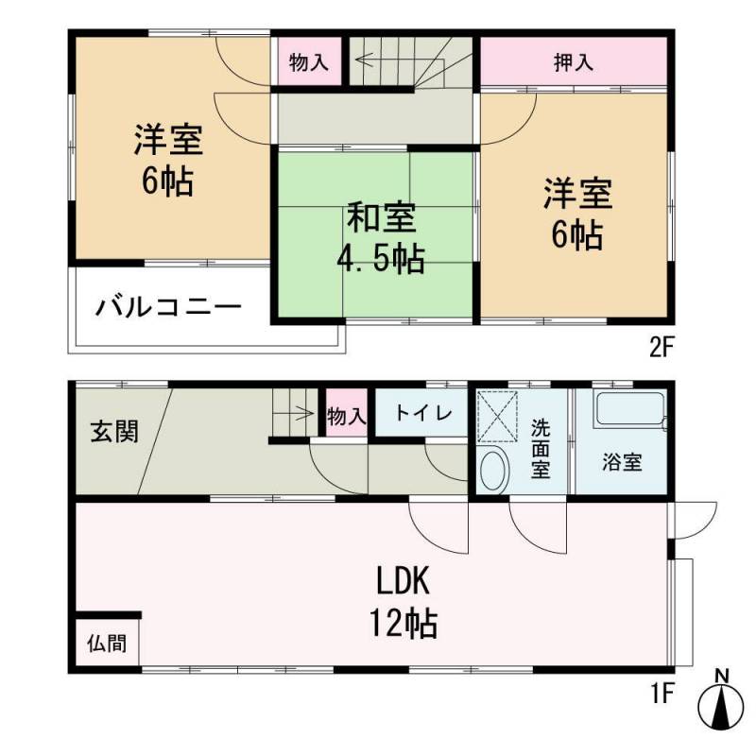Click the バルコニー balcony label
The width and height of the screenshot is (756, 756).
click(168, 307)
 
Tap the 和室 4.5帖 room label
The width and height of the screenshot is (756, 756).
click(381, 238)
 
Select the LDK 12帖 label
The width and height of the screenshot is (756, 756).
click(404, 602)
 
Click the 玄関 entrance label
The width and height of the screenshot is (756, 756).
click(114, 431)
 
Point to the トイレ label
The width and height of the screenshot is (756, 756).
click(423, 413)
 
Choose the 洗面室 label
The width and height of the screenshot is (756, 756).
click(541, 448)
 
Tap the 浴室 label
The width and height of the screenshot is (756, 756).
click(622, 462)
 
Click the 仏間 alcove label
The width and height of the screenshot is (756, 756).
click(107, 644)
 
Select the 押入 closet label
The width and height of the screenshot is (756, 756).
click(574, 62)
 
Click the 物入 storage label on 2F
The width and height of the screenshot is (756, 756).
click(309, 62)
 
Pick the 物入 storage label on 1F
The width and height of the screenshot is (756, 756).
click(347, 416)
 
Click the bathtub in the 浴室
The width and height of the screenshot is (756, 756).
click(630, 409)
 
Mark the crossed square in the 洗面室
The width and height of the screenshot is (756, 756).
click(498, 417)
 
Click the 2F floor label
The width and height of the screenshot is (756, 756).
click(661, 348)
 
